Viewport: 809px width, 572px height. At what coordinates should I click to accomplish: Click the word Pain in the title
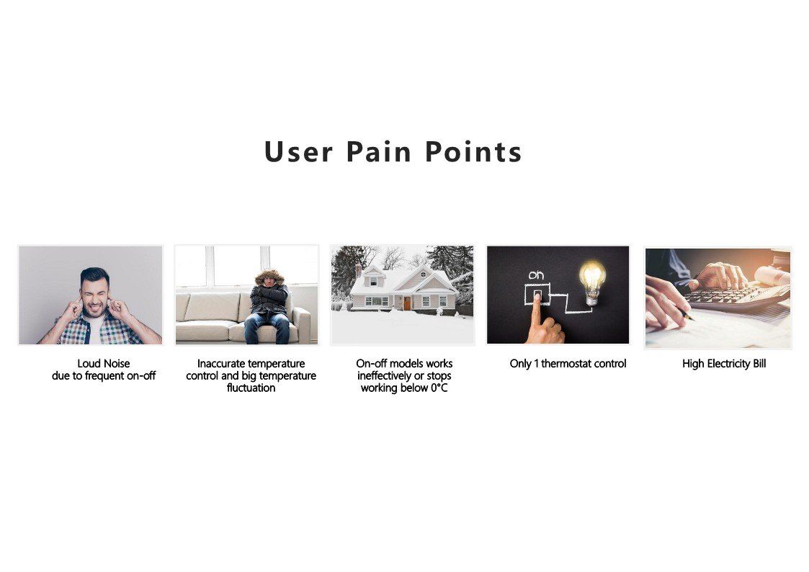point(379,151)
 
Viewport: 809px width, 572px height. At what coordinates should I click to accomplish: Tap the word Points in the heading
point(473,151)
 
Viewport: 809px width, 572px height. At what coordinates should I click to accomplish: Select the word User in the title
point(298,151)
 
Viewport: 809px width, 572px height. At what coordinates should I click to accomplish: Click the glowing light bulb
point(592,282)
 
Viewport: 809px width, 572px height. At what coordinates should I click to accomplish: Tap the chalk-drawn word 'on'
point(536,275)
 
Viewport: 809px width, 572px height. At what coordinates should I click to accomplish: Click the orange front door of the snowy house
point(407,303)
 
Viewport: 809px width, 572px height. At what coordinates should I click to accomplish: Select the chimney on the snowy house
point(358,270)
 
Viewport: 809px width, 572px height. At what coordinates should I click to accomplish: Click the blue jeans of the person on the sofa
point(267,328)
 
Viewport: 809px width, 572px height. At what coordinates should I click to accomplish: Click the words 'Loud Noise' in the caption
point(104,364)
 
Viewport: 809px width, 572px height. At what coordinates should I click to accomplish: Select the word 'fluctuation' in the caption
point(251,388)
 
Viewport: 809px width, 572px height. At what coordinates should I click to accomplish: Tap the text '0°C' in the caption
point(439,388)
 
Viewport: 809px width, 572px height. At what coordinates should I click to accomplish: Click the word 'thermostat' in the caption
point(566,364)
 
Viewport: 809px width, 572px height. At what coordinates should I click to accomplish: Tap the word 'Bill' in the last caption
point(759,364)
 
